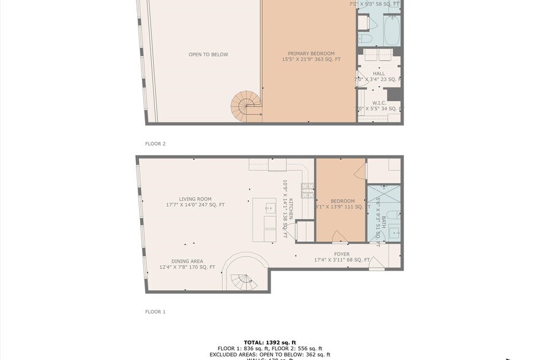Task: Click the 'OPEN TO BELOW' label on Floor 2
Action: tap(208, 54)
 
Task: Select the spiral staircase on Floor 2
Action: tap(244, 107)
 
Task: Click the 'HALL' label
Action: tap(379, 73)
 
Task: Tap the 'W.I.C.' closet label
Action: tap(379, 103)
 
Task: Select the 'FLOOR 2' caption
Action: tap(156, 144)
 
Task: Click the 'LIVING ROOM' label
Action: tap(195, 199)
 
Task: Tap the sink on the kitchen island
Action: tap(270, 208)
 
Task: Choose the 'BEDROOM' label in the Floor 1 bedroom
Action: tap(342, 201)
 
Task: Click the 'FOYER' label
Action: tap(342, 254)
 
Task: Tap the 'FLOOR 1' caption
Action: tap(156, 312)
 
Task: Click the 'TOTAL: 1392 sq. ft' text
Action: tap(270, 342)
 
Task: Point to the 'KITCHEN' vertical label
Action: tap(291, 209)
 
